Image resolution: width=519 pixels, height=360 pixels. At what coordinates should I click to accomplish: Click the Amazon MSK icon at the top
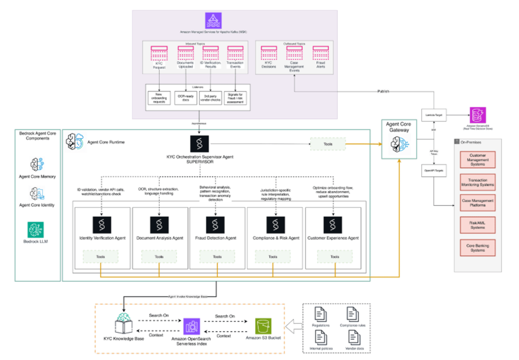(x=213, y=20)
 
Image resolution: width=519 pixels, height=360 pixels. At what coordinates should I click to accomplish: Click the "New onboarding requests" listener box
(x=157, y=98)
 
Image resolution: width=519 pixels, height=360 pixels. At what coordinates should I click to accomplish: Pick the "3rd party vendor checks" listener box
(x=210, y=98)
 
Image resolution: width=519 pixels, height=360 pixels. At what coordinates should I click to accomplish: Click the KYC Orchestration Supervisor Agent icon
(x=199, y=144)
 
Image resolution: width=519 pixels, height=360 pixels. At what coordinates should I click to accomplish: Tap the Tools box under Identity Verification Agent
(x=100, y=257)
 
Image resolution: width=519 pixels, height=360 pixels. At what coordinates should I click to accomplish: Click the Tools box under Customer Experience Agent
(x=334, y=257)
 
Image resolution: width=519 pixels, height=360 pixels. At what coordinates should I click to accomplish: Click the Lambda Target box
(x=433, y=115)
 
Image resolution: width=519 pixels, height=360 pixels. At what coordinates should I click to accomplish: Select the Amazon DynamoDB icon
(x=478, y=115)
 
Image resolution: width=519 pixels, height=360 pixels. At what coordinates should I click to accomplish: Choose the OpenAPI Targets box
(x=433, y=170)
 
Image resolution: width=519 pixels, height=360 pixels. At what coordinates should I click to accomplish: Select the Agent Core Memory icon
(x=36, y=165)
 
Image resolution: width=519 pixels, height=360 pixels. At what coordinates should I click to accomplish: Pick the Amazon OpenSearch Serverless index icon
(x=191, y=327)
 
